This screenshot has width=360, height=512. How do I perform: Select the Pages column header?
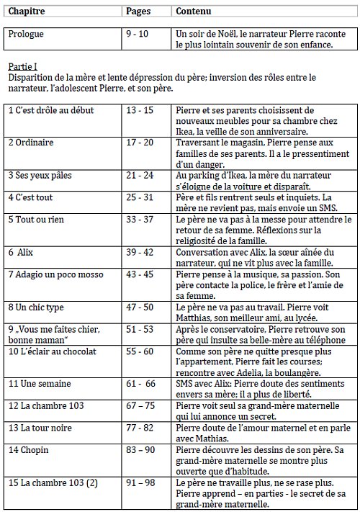click(139, 12)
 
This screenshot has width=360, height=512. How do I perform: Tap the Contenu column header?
click(194, 12)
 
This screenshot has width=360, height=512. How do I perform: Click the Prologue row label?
click(28, 34)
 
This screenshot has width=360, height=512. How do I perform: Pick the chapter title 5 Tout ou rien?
click(37, 218)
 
